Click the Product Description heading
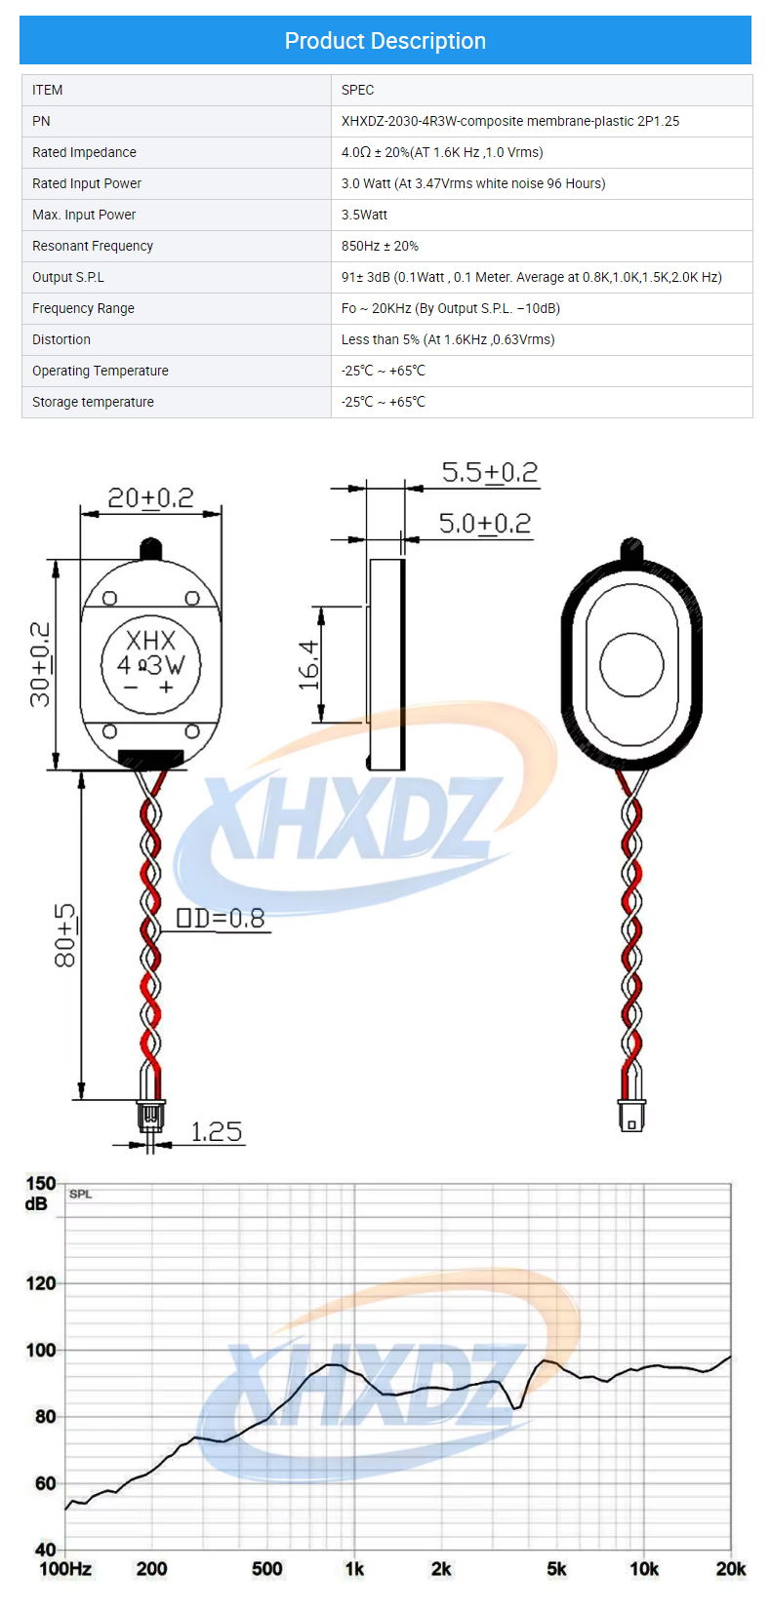coord(385,41)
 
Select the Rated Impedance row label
coord(84,152)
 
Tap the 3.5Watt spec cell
coord(364,215)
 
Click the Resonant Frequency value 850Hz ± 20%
coord(380,246)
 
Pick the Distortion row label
coord(61,339)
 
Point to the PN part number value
coord(510,121)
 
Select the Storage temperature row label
coord(93,402)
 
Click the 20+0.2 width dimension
coord(150,498)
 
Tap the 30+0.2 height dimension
coord(40,664)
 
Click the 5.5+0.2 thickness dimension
coord(490,473)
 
